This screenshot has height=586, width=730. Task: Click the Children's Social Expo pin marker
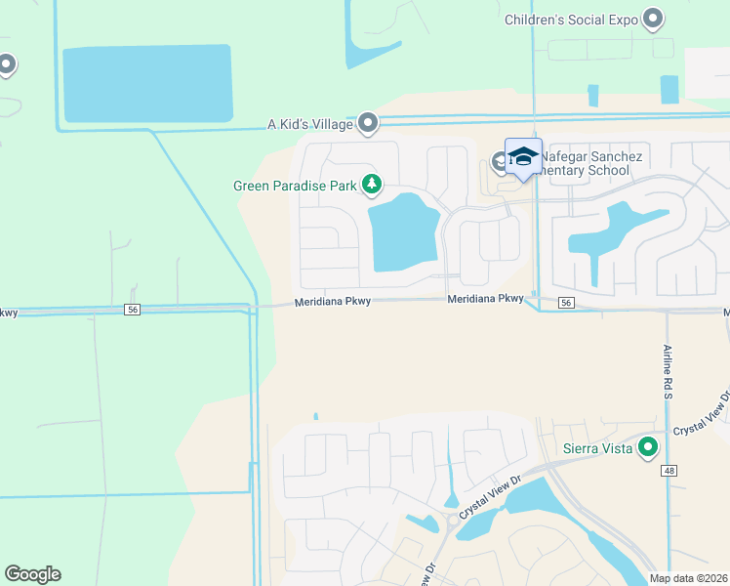(653, 19)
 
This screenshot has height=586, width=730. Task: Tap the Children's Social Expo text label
(570, 20)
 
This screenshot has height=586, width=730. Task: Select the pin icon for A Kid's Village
(368, 123)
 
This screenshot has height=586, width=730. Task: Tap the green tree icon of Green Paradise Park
(371, 184)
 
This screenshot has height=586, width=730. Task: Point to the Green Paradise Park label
(295, 185)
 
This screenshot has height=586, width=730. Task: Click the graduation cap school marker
(523, 157)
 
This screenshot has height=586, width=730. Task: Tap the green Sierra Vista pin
(647, 448)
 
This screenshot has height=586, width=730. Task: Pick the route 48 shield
(669, 472)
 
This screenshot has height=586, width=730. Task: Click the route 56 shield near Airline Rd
(566, 303)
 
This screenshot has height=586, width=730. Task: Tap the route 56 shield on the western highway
(132, 309)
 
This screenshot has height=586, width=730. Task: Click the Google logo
(32, 574)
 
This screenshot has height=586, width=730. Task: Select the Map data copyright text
(687, 578)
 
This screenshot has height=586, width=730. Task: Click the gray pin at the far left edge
(6, 65)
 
